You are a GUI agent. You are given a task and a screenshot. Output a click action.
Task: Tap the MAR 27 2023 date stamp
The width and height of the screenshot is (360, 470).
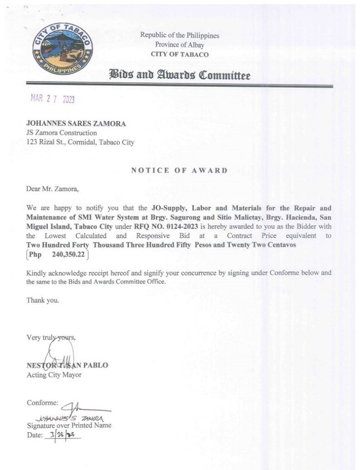pos(52,99)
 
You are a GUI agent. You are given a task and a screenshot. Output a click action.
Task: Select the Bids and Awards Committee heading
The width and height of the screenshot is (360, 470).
pos(179,75)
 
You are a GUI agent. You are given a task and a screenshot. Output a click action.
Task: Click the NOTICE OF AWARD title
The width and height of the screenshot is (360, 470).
pos(179,170)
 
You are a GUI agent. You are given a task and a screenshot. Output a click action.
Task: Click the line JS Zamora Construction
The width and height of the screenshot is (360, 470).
pos(62,133)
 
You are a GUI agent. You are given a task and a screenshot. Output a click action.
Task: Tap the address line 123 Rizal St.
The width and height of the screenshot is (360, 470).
pos(80,142)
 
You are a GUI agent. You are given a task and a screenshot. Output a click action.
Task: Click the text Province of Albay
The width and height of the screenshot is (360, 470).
pos(180,45)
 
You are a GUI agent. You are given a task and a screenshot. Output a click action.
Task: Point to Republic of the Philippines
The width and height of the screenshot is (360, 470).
pos(180,35)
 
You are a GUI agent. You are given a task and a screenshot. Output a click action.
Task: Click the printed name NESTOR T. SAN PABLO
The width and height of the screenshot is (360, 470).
pos(67,365)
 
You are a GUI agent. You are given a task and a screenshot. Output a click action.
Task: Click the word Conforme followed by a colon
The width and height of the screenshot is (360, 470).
pos(43,403)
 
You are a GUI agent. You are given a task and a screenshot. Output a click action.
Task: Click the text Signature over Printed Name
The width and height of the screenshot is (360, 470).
pos(69,425)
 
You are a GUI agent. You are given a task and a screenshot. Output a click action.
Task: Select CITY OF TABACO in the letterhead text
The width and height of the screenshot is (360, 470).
pos(180,54)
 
